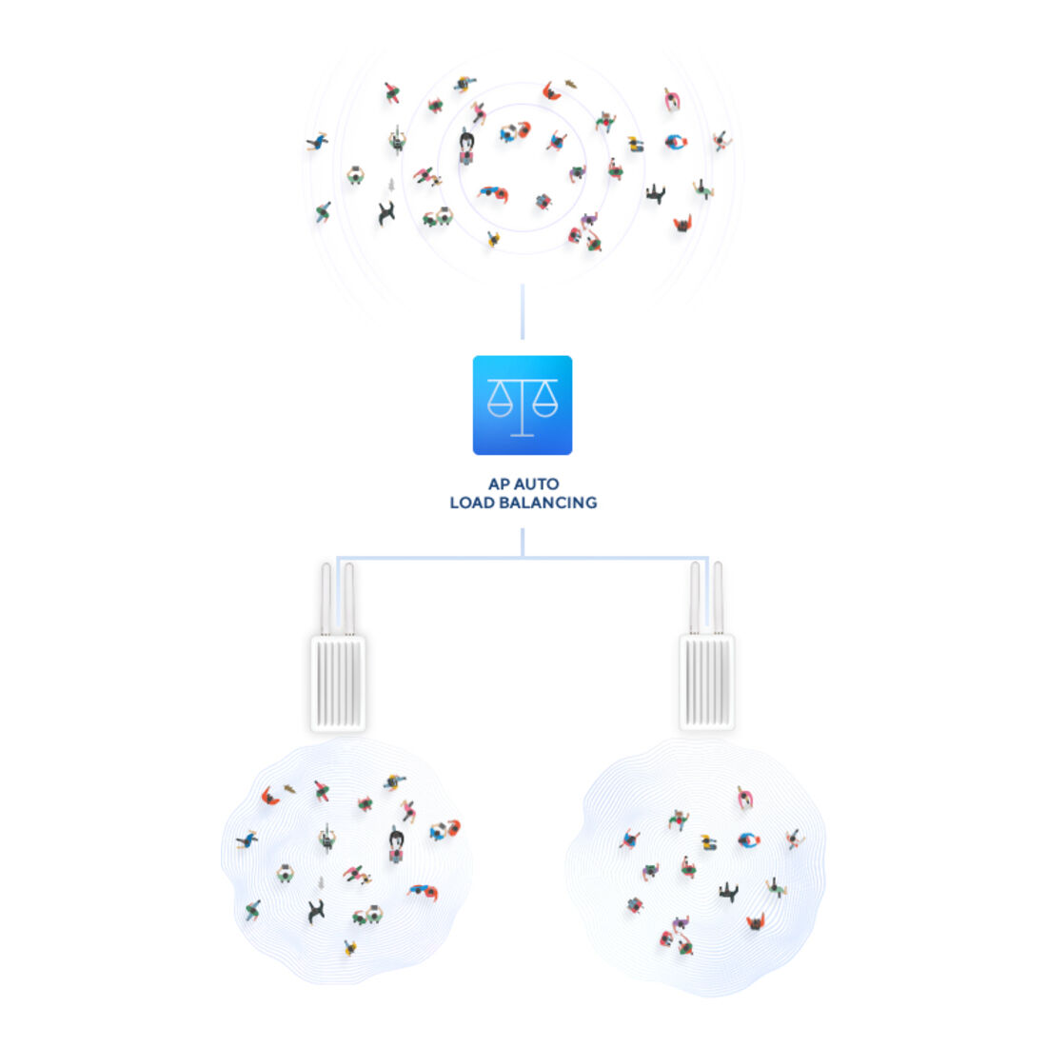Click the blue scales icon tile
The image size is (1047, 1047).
click(523, 405)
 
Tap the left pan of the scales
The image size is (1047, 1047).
click(500, 401)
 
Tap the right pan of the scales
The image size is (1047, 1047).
click(544, 401)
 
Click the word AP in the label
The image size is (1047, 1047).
click(499, 484)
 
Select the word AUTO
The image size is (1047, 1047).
click(537, 484)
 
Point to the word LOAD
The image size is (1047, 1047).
click(472, 503)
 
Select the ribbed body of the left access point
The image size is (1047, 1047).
click(338, 683)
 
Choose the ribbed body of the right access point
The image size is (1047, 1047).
click(707, 682)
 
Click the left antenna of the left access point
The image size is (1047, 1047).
click(326, 599)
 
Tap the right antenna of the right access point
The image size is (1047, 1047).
click(718, 598)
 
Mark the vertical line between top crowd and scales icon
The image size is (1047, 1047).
click(523, 312)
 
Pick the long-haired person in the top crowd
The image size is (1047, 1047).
click(466, 147)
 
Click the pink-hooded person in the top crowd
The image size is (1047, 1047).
click(672, 100)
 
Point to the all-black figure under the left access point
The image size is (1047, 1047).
click(316, 912)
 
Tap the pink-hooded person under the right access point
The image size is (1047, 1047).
click(745, 799)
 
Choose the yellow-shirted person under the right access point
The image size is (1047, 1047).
click(708, 842)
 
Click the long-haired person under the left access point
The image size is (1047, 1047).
click(397, 844)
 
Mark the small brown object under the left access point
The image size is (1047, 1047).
click(289, 789)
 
